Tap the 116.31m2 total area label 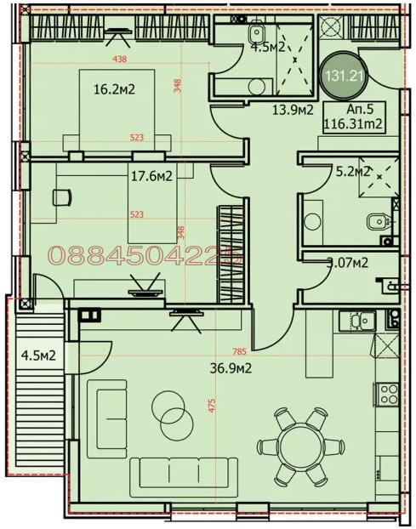(351, 124)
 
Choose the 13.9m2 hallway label (292, 111)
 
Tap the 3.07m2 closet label (347, 263)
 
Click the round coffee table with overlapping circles (172, 415)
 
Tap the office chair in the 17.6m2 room (61, 197)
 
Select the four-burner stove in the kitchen (390, 394)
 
